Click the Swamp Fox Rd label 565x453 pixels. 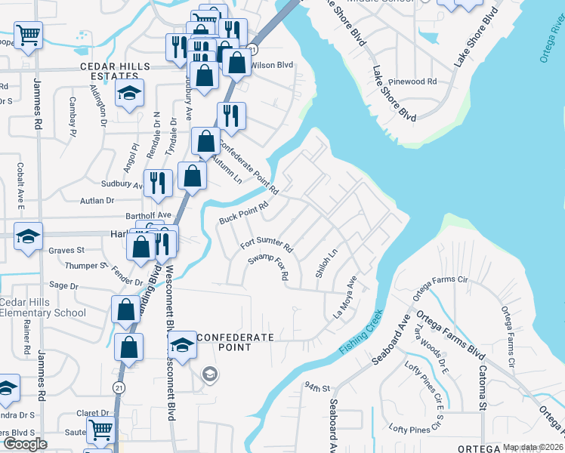(x=269, y=266)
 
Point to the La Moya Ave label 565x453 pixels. (x=345, y=296)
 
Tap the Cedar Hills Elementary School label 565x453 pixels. (x=44, y=307)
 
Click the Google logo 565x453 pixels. (x=25, y=444)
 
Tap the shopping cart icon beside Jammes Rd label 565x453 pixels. (x=28, y=33)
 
